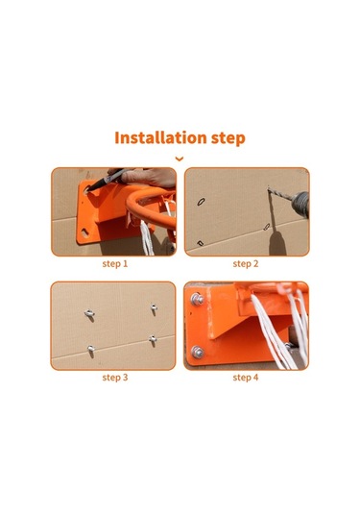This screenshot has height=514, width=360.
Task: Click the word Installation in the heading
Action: [x=160, y=138]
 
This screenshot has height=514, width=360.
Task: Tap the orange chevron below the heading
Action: [x=180, y=159]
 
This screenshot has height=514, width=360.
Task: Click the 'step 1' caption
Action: [x=115, y=264]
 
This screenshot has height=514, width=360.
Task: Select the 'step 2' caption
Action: [x=246, y=264]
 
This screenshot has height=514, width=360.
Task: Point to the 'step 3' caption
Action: [x=115, y=378]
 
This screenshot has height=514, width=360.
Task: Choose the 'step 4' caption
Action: [x=246, y=378]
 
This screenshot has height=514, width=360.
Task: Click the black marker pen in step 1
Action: [x=107, y=180]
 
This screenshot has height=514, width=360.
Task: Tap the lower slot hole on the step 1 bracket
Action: [x=84, y=233]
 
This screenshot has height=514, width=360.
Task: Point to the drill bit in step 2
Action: [x=279, y=194]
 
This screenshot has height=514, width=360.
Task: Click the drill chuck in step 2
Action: [x=300, y=204]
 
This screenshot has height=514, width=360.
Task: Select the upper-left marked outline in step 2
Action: [x=202, y=201]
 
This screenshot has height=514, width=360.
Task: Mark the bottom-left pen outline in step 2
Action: [x=200, y=243]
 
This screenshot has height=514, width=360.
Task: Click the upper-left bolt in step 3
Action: [x=89, y=314]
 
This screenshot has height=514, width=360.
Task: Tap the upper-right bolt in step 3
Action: [x=154, y=308]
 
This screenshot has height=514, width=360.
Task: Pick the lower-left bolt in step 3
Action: [x=91, y=349]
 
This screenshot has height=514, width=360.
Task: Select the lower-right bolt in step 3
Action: [x=153, y=339]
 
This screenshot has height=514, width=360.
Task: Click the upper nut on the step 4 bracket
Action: [x=197, y=299]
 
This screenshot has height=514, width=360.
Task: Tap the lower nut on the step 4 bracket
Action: [x=197, y=352]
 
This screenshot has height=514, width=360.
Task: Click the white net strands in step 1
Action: [x=148, y=237]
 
